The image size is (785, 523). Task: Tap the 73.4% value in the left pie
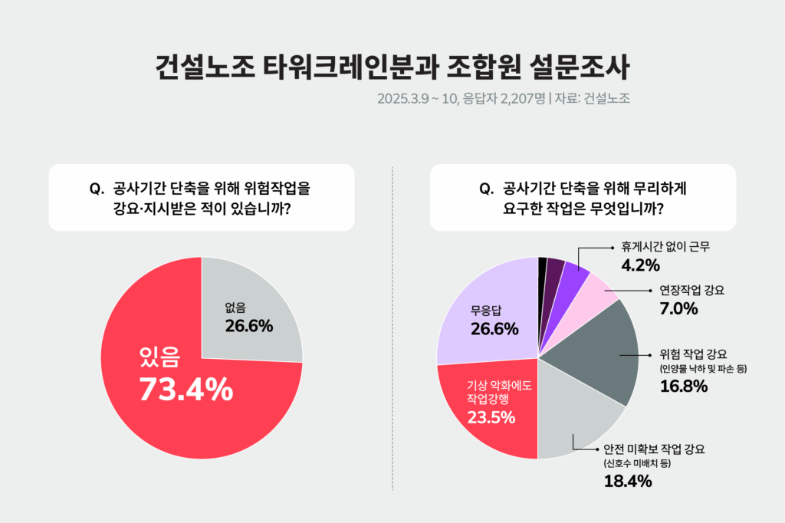tap(186, 390)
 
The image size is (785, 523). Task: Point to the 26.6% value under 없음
tap(249, 326)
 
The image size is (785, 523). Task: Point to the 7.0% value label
tap(678, 308)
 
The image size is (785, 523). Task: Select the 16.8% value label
tap(678, 386)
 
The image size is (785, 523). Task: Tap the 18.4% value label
tap(627, 482)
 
